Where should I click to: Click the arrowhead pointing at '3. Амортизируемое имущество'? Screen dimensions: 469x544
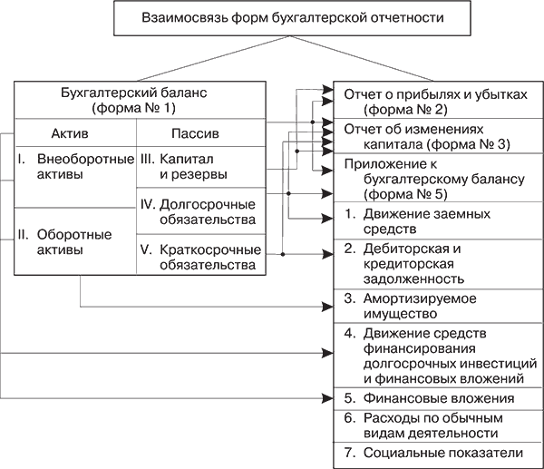click(327, 306)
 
